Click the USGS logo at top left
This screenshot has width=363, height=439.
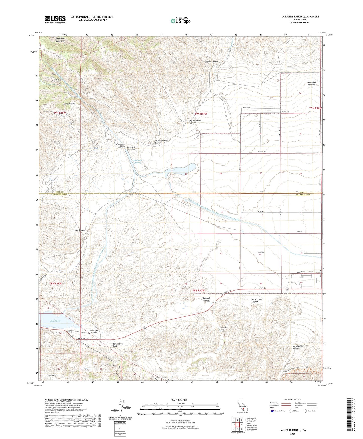pos(55,19)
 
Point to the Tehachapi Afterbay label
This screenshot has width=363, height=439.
pos(137,161)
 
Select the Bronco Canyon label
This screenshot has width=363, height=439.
pos(211,62)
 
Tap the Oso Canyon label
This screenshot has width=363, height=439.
pos(80,230)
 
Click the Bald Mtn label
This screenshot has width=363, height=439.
pos(51,375)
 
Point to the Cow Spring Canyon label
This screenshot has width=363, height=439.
pos(298,347)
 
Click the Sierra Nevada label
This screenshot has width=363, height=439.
pos(69,104)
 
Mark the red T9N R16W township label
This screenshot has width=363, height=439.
pos(315,108)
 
